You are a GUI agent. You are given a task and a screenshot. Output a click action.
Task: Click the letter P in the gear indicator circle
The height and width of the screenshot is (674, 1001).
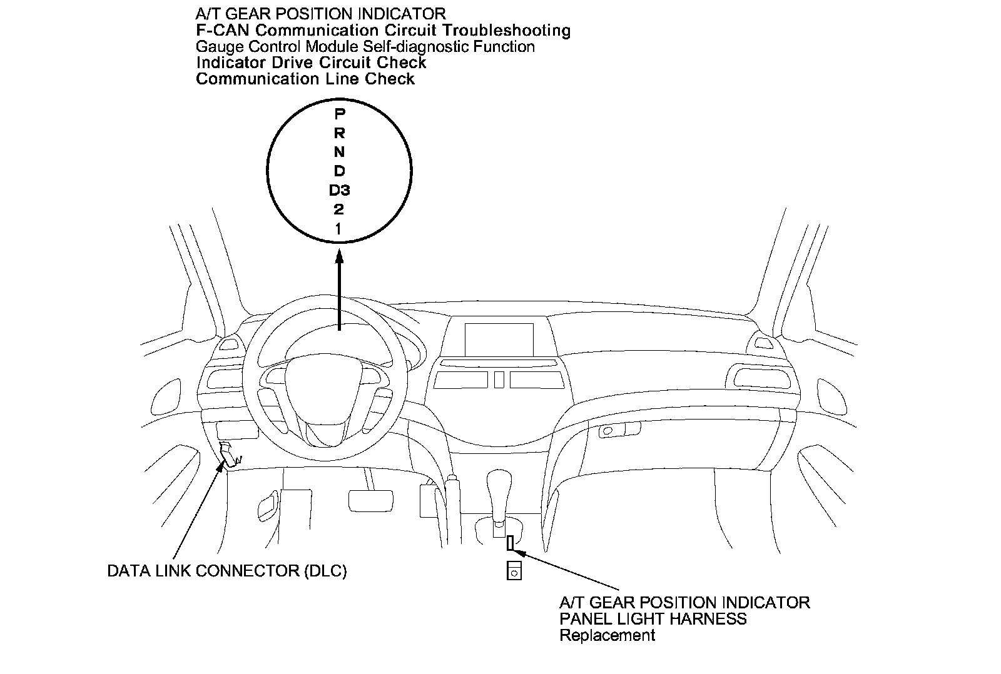coord(339,114)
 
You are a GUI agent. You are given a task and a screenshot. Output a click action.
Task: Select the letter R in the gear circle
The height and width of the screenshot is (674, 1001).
coord(339,133)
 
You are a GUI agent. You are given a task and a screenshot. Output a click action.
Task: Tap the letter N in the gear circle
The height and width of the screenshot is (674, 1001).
coord(339,152)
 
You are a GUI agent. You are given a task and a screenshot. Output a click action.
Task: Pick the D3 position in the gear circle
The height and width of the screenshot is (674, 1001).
coord(339,190)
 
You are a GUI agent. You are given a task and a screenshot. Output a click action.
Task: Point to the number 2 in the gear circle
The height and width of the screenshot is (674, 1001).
coord(339,209)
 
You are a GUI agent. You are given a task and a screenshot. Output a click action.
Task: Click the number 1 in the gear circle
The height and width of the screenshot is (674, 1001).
coord(339,229)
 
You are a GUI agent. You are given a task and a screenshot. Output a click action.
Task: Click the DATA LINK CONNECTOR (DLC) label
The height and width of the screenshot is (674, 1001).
coord(226,571)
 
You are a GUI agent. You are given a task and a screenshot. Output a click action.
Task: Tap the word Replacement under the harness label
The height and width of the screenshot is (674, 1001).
coord(607,635)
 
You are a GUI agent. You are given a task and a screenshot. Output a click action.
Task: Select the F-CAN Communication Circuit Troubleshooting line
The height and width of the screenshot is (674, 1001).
coord(383,30)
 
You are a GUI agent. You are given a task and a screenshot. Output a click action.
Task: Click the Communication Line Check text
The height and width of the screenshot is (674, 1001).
coord(305,79)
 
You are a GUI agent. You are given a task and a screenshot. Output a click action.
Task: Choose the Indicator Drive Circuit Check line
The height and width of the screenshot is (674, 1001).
coord(311,63)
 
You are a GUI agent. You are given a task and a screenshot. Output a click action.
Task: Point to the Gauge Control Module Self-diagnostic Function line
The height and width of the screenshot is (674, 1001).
coord(365,46)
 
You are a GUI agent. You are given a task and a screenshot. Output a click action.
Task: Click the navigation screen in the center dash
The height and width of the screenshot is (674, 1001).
coord(499,340)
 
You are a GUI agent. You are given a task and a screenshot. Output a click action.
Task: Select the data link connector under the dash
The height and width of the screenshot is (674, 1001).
coord(228,453)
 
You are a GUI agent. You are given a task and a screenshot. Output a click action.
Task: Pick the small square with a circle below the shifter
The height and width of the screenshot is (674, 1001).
coord(514,571)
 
